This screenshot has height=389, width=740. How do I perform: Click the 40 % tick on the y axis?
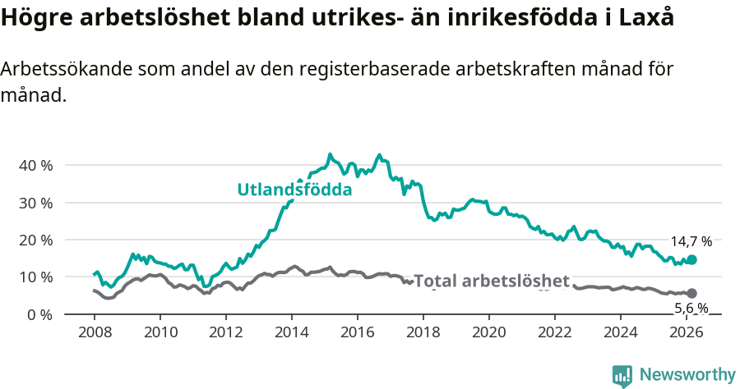35,165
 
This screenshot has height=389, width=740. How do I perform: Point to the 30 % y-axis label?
35,203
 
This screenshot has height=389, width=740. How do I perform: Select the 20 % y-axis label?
35,240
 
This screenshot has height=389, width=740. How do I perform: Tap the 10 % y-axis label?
35,277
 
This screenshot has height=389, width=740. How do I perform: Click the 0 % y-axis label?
39,314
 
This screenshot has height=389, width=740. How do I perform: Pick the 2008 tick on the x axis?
95,332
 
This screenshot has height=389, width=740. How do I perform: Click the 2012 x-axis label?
226,332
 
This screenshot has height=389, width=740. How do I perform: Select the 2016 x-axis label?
358,332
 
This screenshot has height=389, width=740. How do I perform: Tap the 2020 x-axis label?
489,332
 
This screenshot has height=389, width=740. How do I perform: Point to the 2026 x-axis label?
687,332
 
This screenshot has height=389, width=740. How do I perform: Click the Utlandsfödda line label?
294,190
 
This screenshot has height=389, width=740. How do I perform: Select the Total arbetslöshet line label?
491,281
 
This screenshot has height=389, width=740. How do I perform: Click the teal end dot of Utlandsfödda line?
691,259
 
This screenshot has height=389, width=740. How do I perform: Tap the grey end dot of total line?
691,293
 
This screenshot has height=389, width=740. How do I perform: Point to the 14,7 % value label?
691,241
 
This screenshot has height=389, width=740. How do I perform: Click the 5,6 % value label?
691,309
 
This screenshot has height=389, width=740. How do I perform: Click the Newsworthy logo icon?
622,375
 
